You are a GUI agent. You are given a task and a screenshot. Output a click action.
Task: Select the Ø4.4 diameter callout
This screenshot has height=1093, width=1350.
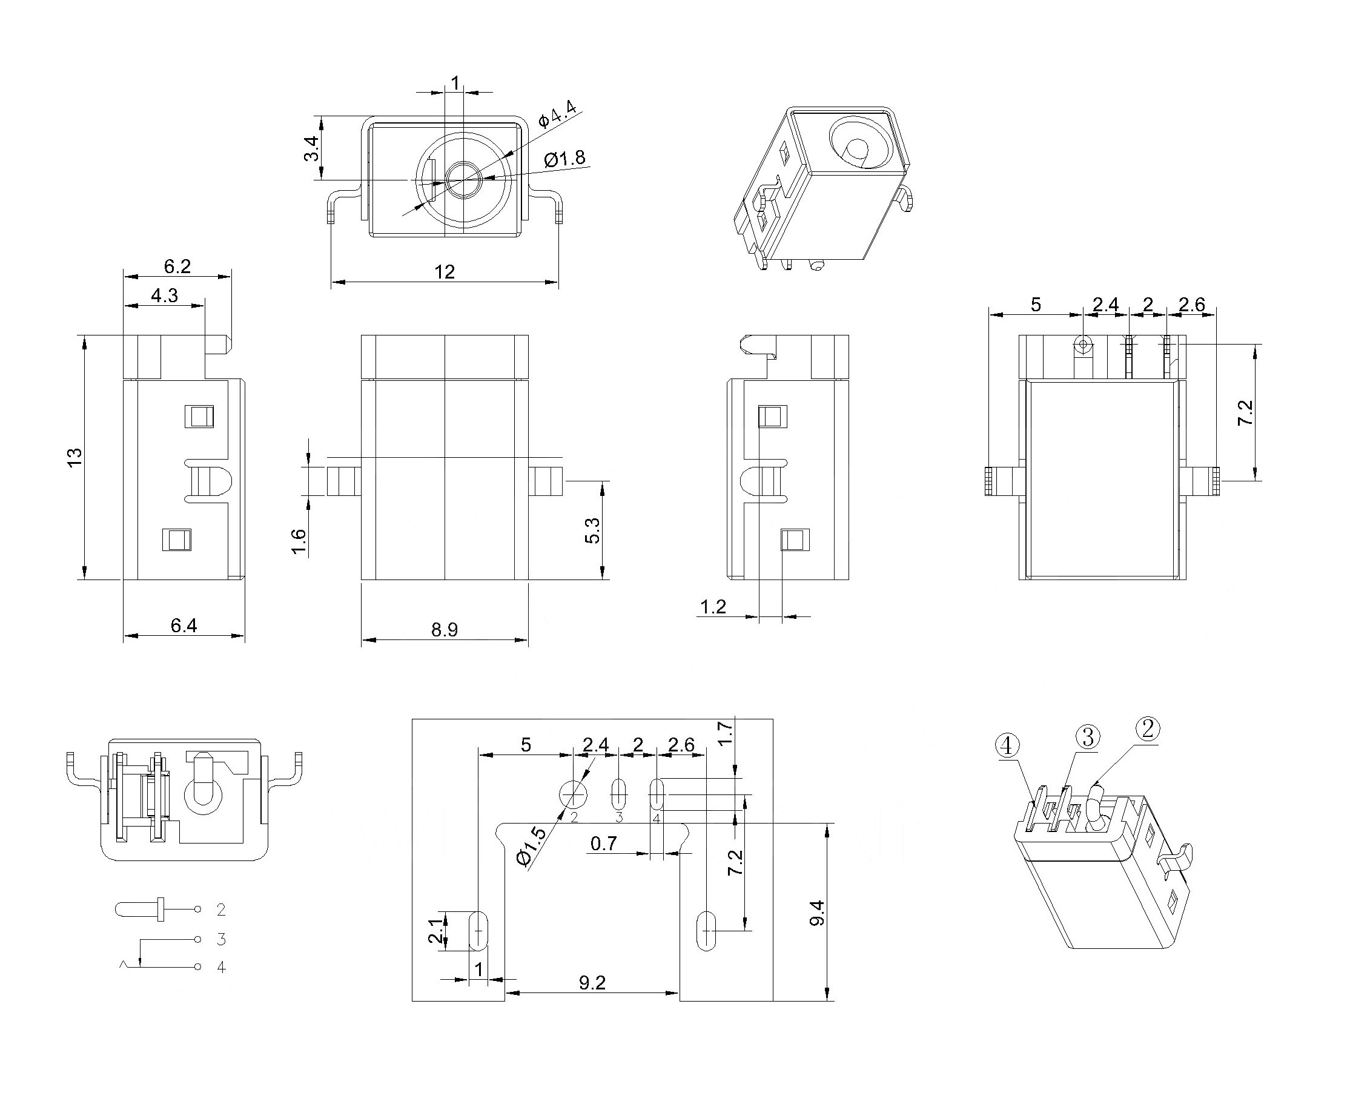pyautogui.click(x=557, y=113)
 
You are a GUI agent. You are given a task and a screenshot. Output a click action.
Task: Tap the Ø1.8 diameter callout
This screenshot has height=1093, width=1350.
pyautogui.click(x=565, y=159)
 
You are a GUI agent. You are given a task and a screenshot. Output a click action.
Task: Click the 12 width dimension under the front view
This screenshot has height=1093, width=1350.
pyautogui.click(x=445, y=272)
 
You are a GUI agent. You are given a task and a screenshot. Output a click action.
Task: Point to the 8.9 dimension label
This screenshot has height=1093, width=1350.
pyautogui.click(x=445, y=630)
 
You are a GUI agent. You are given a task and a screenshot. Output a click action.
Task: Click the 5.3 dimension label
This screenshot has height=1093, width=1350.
pyautogui.click(x=592, y=530)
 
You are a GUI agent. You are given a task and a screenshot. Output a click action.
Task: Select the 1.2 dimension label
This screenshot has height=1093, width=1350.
pyautogui.click(x=713, y=607)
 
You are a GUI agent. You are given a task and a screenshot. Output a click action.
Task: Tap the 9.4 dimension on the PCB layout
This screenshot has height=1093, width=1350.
pyautogui.click(x=816, y=913)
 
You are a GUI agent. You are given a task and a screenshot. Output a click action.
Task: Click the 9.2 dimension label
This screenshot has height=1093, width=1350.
pyautogui.click(x=592, y=983)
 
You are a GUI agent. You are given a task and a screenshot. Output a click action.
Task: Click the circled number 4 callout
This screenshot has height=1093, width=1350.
pyautogui.click(x=1006, y=746)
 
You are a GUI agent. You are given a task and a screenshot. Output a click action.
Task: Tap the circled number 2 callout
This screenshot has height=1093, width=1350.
pyautogui.click(x=1147, y=729)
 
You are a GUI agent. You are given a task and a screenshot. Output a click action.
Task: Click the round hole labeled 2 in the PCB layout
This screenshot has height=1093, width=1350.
pyautogui.click(x=573, y=794)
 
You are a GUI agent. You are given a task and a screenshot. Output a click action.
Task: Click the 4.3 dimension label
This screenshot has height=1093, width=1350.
pyautogui.click(x=165, y=296)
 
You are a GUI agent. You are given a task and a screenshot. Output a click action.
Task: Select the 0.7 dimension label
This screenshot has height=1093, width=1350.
pyautogui.click(x=604, y=843)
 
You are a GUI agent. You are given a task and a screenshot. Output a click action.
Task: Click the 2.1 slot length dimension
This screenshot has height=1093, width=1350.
pyautogui.click(x=434, y=930)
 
